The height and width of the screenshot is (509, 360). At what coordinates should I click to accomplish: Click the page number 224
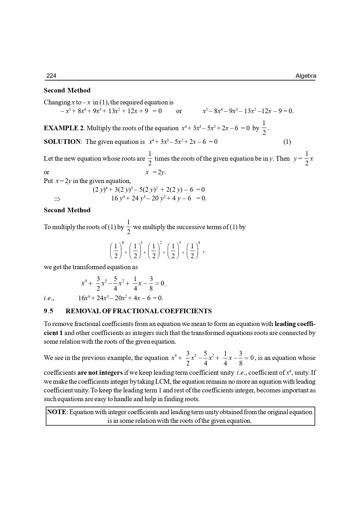coord(51,76)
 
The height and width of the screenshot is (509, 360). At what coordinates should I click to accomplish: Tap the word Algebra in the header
coord(306,76)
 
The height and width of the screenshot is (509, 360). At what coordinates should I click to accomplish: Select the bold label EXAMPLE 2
coord(64,128)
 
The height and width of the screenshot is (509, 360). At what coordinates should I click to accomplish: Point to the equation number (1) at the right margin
coord(287,142)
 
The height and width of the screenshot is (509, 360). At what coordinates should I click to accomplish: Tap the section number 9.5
coord(48,311)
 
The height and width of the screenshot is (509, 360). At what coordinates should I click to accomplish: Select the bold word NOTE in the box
coord(57,412)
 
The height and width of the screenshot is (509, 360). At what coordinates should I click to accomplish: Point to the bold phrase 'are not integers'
coord(100,373)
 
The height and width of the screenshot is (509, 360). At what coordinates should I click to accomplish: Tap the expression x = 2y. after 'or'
coord(155,172)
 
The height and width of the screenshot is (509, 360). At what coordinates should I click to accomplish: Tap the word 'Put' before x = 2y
coord(48,181)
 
